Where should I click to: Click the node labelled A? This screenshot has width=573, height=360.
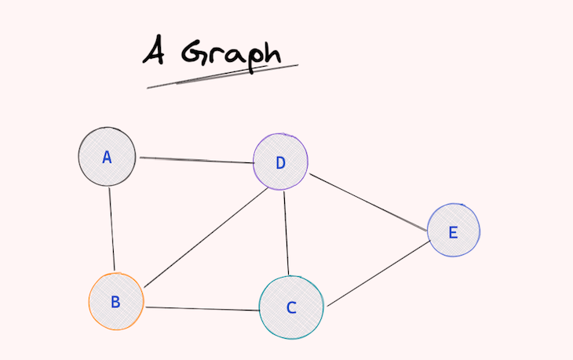(107, 157)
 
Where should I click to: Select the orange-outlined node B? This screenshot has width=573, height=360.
(116, 302)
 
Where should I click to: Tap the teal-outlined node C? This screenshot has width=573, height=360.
(291, 307)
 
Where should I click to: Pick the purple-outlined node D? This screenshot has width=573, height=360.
(280, 162)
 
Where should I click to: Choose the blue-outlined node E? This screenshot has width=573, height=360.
(453, 230)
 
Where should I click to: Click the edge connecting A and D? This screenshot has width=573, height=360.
(197, 160)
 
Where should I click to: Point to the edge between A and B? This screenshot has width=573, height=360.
(111, 229)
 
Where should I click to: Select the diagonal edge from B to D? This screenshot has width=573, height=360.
(206, 238)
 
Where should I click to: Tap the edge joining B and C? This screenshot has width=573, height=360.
(203, 309)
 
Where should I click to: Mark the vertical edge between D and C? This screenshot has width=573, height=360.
(286, 233)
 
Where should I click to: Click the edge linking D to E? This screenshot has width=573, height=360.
(368, 202)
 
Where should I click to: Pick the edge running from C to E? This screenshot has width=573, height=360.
(378, 274)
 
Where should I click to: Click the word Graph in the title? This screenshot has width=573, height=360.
(232, 56)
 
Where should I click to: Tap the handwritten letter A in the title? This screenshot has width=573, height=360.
(154, 50)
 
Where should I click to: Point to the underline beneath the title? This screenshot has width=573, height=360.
(223, 76)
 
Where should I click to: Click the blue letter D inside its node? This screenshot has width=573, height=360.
(280, 163)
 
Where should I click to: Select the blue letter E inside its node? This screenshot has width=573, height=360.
(453, 232)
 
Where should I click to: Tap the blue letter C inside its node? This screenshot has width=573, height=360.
(291, 307)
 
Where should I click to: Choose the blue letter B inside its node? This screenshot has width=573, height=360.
(115, 302)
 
